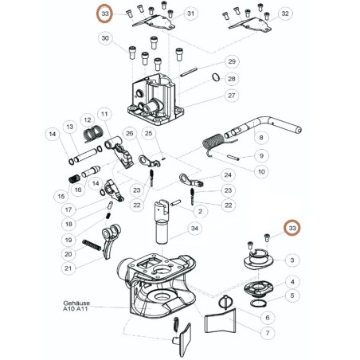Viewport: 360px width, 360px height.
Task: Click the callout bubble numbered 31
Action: click(x=191, y=14)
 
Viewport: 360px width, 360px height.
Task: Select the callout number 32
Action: click(x=285, y=14)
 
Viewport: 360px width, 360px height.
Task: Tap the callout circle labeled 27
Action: click(x=232, y=96)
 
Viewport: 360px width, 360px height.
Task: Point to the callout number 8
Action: click(x=261, y=138)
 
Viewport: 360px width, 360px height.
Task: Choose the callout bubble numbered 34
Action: click(x=194, y=229)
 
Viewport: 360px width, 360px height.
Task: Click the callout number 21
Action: click(x=68, y=268)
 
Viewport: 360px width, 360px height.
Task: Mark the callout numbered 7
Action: click(x=268, y=333)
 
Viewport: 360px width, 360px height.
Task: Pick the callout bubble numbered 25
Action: click(x=149, y=133)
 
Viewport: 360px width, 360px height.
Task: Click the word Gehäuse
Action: click(x=76, y=303)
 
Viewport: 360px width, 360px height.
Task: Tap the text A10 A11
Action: click(x=76, y=309)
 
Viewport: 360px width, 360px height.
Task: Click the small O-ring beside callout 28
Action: click(x=216, y=77)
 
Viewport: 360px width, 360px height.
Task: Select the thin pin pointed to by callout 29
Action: click(x=189, y=72)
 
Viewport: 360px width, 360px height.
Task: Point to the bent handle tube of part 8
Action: click(x=263, y=126)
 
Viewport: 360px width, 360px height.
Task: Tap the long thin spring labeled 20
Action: click(x=92, y=245)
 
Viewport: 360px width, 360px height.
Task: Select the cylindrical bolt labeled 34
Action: click(x=162, y=222)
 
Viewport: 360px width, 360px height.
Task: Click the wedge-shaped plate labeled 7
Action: click(x=221, y=321)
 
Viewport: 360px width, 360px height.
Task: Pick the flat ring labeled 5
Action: click(x=258, y=303)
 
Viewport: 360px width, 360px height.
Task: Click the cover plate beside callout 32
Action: click(x=250, y=25)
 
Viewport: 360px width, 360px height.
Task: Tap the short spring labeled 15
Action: click(x=74, y=179)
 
